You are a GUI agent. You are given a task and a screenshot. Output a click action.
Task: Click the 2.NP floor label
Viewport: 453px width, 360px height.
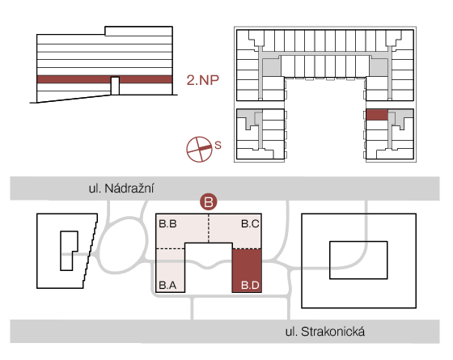[203, 80]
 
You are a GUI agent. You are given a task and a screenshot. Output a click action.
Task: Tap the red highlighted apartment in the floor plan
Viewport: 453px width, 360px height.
[377, 115]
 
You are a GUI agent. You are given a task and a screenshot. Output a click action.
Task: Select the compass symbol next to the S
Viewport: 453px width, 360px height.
[199, 149]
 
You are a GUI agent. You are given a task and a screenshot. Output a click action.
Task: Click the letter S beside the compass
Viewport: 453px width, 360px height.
[218, 145]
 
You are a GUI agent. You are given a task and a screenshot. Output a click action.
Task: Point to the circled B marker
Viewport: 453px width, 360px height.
[209, 201]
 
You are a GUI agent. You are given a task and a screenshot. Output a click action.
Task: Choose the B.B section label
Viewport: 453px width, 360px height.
[168, 223]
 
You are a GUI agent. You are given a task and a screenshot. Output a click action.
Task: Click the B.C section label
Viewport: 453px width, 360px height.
[250, 223]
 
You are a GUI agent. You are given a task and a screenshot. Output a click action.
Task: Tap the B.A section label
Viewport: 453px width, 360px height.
[167, 285]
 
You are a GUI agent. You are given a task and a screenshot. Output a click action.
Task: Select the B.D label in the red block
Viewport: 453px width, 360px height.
[250, 285]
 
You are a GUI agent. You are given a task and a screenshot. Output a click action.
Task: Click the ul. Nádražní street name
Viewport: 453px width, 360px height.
[121, 188]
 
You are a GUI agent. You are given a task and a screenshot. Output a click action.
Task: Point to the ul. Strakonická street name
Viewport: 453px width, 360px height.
[325, 332]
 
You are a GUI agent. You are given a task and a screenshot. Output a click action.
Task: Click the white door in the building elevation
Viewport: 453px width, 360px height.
[115, 86]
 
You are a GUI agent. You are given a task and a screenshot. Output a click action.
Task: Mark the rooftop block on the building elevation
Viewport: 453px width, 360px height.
[138, 32]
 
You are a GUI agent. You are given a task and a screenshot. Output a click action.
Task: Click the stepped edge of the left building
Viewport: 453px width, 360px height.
[91, 251]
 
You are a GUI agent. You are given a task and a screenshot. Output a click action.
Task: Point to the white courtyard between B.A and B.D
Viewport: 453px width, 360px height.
[209, 267]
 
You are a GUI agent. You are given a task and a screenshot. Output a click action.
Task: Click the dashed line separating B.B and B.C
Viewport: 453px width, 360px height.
[209, 228]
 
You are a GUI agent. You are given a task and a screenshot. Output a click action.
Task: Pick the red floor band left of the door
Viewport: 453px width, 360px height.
[74, 79]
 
